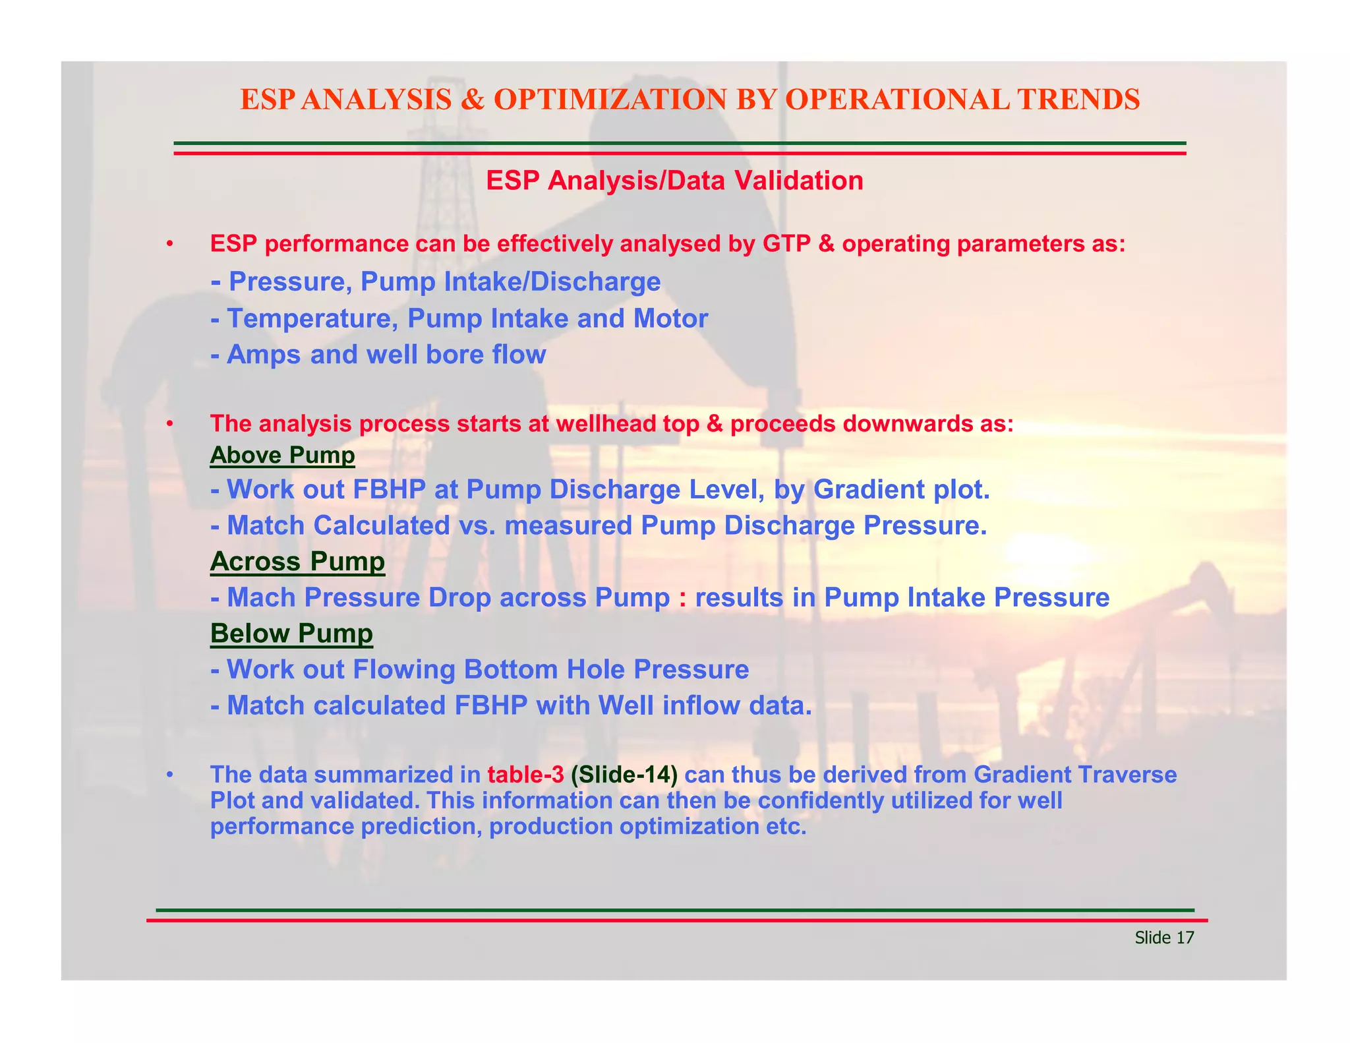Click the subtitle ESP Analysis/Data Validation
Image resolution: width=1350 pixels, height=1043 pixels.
[x=674, y=181]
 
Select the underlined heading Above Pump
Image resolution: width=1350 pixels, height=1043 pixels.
[x=282, y=455]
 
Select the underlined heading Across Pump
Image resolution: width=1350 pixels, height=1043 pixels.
[x=297, y=562]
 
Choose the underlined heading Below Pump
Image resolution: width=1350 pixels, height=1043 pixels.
[x=291, y=634]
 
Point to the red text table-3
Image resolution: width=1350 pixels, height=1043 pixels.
[x=525, y=775]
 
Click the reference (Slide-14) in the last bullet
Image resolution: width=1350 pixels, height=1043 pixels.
[x=624, y=775]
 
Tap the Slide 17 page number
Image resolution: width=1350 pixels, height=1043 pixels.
[x=1164, y=938]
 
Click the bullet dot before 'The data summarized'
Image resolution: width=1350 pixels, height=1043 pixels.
[x=169, y=775]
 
